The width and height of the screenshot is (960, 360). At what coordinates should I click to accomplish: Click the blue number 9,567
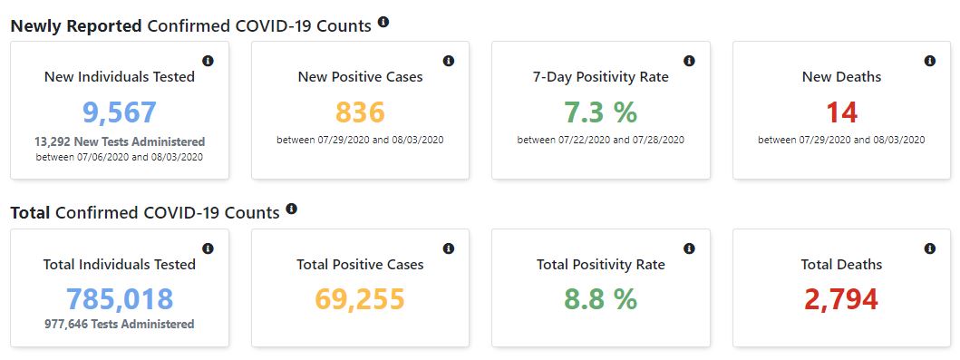[120, 112]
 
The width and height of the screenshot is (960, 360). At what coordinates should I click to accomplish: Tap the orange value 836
[360, 112]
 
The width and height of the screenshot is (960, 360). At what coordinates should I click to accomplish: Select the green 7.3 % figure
[601, 112]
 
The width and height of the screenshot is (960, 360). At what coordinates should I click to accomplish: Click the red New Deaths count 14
[841, 112]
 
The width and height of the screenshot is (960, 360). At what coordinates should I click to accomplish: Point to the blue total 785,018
[120, 299]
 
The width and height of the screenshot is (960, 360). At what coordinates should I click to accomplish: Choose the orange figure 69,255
[360, 299]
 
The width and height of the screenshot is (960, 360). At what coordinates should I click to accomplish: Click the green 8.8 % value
[601, 299]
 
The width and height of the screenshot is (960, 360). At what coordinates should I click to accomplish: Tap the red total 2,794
[841, 299]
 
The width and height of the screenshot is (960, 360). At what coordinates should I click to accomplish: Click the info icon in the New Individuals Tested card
[208, 62]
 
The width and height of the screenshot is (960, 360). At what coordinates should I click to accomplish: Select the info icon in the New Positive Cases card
[449, 62]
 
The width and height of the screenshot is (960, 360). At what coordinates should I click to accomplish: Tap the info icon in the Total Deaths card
[930, 248]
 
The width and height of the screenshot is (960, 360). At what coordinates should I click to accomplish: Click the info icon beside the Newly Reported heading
[383, 23]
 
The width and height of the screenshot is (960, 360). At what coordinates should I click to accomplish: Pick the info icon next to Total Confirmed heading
[291, 209]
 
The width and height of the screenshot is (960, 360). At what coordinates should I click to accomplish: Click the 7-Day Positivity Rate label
[601, 77]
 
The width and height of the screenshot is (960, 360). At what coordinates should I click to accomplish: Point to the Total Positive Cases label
[360, 265]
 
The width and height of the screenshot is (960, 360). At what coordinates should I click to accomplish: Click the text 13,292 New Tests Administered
[120, 142]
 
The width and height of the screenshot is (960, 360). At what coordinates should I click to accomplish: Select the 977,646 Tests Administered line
[120, 325]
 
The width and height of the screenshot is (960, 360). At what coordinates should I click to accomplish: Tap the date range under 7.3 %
[601, 141]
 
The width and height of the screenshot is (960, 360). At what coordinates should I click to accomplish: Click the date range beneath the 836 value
[360, 141]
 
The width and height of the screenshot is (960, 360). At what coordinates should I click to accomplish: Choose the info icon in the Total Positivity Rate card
[689, 248]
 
